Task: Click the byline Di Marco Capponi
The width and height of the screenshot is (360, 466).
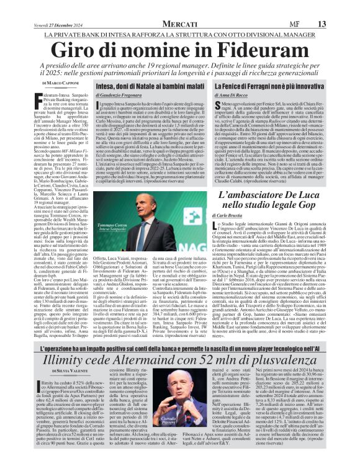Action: coord(62,83)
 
